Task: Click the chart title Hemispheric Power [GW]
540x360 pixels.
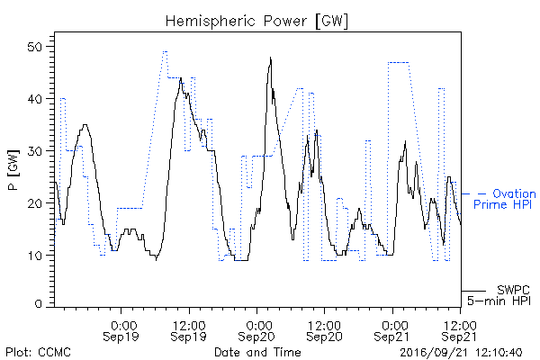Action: tap(256, 22)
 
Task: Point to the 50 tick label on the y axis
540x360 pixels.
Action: tap(34, 47)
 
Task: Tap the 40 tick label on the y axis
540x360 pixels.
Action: tap(34, 99)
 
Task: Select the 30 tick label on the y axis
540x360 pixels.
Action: tap(34, 151)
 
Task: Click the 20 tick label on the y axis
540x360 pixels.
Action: tap(34, 203)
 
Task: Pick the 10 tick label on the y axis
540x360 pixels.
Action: tap(34, 256)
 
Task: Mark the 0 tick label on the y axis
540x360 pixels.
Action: tap(38, 304)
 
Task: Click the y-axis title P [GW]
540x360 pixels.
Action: tap(13, 170)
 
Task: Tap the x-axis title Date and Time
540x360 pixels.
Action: tap(257, 352)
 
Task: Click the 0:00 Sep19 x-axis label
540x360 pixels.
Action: tap(121, 331)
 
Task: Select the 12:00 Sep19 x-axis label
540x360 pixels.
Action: tap(189, 331)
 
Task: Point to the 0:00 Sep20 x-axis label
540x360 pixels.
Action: tap(256, 331)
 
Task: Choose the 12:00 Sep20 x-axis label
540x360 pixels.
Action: tap(324, 331)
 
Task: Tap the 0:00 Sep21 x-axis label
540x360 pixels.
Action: tap(392, 331)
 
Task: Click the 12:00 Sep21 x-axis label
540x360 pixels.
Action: tap(460, 331)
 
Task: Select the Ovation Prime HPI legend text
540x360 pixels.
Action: tap(505, 199)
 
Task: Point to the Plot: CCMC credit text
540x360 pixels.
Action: tap(38, 352)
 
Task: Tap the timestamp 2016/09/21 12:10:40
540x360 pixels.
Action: tap(461, 353)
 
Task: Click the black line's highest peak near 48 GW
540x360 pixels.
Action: tap(271, 58)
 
